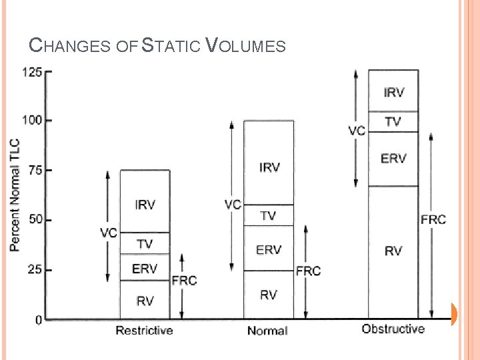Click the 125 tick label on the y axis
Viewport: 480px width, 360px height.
click(33, 71)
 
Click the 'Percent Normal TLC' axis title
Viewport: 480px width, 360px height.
click(15, 195)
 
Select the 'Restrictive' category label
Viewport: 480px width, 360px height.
click(144, 330)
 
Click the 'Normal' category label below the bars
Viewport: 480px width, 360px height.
click(267, 331)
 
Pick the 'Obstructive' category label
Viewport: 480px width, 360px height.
click(393, 329)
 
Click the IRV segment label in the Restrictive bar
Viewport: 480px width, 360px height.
click(145, 205)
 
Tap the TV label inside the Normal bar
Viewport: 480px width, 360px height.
click(268, 216)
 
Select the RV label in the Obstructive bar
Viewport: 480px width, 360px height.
click(393, 251)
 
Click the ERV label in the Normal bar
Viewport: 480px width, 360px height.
click(269, 249)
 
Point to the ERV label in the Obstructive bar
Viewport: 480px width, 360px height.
click(393, 158)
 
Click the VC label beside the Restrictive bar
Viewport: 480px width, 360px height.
click(109, 233)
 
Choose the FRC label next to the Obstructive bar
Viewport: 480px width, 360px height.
click(433, 219)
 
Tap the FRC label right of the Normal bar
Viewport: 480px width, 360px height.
click(309, 271)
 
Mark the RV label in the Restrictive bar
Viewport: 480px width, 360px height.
click(145, 301)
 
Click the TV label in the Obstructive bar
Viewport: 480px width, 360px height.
click(393, 122)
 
